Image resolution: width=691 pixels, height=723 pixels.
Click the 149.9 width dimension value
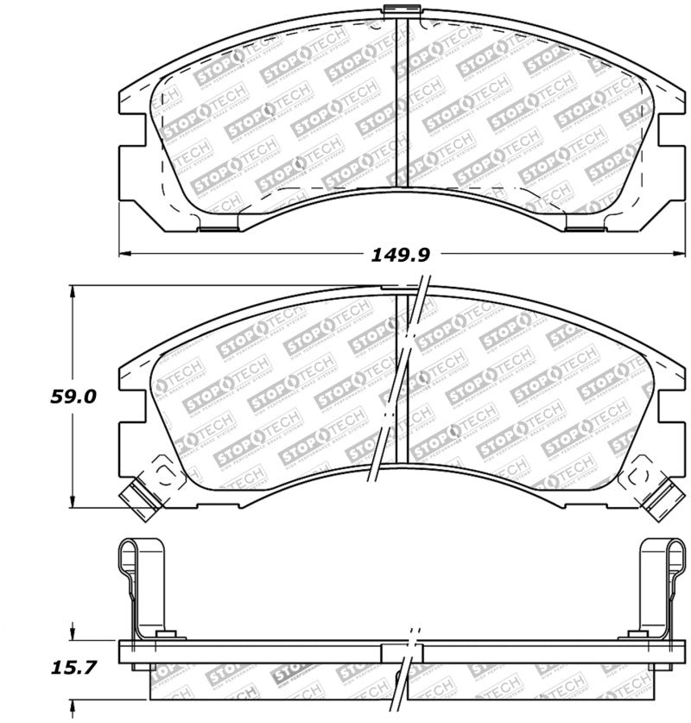pos(400,254)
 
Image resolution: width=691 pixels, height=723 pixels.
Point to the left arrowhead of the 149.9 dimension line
pos(123,254)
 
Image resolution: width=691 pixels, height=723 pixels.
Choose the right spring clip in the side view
pos(656,587)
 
